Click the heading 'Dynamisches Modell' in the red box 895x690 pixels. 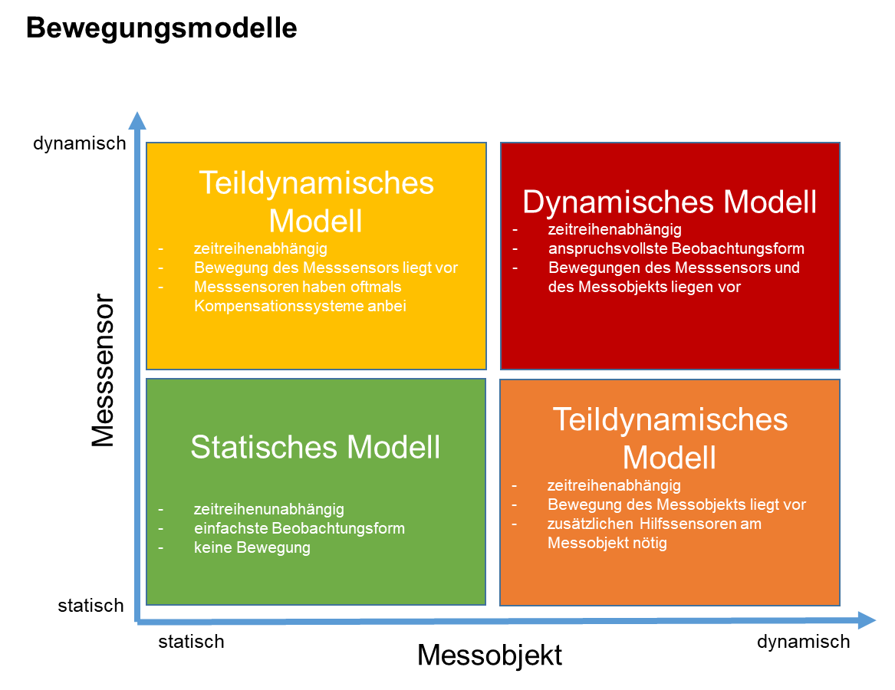click(669, 202)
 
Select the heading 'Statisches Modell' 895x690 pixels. click(315, 447)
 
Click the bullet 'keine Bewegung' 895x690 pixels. click(252, 547)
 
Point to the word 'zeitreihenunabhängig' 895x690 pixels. click(269, 509)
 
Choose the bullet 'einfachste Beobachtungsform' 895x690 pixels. click(299, 528)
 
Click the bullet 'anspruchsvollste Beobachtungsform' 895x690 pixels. click(676, 248)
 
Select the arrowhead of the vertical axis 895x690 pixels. click(137, 120)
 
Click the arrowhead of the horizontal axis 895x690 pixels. click(867, 620)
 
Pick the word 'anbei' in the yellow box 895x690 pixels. click(385, 306)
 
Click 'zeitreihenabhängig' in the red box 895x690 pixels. click(614, 229)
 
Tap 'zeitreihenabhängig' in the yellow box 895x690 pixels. click(261, 248)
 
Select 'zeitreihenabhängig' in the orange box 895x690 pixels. click(614, 485)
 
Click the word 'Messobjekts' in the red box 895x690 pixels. click(619, 287)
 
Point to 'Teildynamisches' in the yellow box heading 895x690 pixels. click(316, 183)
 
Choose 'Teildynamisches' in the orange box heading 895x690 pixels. click(670, 420)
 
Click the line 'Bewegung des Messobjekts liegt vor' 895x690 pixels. click(676, 504)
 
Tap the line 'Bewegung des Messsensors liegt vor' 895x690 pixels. click(326, 268)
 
